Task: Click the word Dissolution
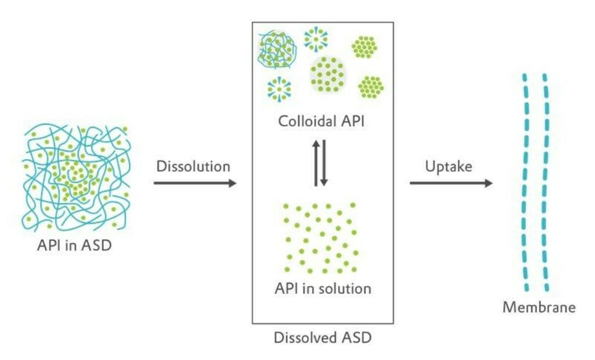coord(193,166)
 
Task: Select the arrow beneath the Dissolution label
coord(195,183)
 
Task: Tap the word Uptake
coord(448,166)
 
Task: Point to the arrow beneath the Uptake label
coord(451,183)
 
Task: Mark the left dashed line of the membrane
coord(525,182)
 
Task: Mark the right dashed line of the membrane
coord(546,182)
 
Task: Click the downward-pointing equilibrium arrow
coord(324,163)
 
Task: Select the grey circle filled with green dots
coord(328,74)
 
